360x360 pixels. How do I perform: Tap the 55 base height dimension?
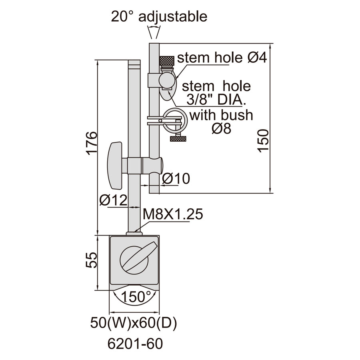(92, 260)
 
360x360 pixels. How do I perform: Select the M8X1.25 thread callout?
(173, 214)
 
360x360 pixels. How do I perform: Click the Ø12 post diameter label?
(114, 200)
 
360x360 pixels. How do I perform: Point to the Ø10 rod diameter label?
(176, 178)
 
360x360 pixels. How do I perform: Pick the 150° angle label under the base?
(136, 296)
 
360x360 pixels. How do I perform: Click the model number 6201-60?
(135, 344)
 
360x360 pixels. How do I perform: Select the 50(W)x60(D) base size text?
(134, 323)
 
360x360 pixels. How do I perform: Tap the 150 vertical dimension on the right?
(263, 140)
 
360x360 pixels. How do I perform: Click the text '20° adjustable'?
(159, 16)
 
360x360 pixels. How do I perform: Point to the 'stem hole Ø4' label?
(222, 57)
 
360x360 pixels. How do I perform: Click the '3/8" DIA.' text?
(216, 100)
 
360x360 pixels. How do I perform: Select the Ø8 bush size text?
(221, 128)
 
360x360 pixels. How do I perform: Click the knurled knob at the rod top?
(167, 61)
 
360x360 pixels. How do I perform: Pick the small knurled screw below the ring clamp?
(178, 138)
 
